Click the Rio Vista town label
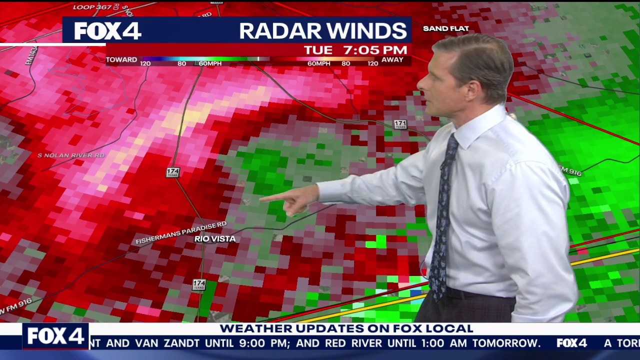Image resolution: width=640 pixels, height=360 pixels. tap(215, 239)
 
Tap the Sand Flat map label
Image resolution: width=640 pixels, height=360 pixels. tap(445, 28)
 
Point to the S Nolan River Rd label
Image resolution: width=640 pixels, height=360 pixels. tap(71, 155)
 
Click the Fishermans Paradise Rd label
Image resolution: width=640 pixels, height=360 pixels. tap(181, 232)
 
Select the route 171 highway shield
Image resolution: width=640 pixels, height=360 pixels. tap(400, 124)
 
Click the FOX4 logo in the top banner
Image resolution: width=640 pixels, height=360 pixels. tap(107, 31)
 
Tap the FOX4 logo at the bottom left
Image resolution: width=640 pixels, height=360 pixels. tap(55, 336)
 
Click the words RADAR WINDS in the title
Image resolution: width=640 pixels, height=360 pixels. tap(322, 31)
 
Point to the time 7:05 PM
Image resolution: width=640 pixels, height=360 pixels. tap(375, 50)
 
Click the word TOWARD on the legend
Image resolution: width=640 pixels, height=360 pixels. tap(121, 59)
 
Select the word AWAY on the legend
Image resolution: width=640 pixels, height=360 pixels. tap(392, 59)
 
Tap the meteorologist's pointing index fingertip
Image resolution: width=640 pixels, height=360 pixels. tap(261, 199)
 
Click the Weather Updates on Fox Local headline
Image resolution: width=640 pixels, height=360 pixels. tap(346, 328)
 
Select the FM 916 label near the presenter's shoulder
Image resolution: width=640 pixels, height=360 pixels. tap(570, 171)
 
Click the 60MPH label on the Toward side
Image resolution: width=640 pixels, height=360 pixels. tap(210, 63)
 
